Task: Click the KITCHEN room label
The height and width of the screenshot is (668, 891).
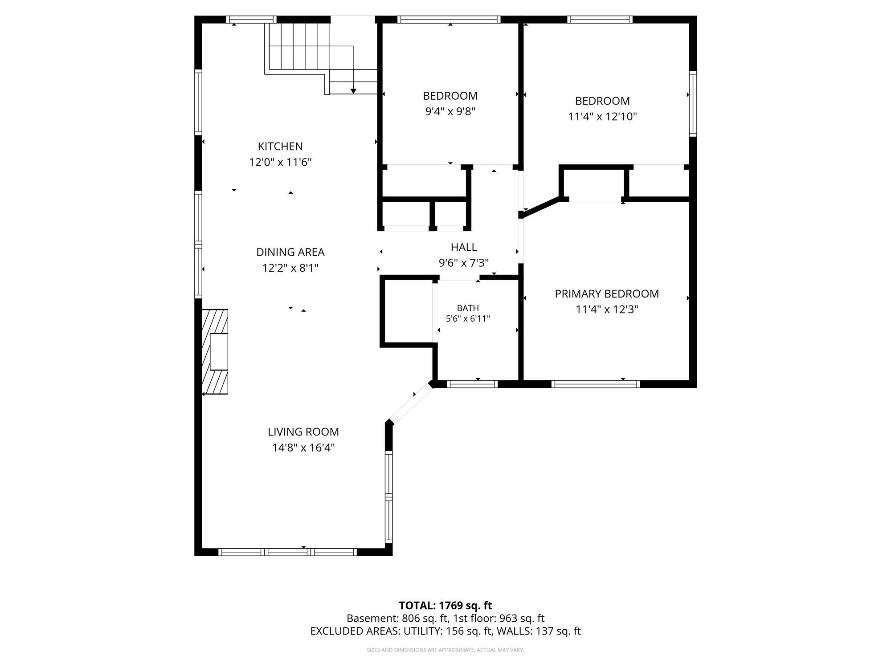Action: [x=280, y=146]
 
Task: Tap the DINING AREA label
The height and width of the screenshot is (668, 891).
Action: [x=290, y=252]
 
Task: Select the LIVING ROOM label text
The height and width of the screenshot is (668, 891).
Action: [x=303, y=432]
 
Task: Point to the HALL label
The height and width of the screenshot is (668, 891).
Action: [x=464, y=247]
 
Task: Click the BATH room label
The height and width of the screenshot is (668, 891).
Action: [x=468, y=308]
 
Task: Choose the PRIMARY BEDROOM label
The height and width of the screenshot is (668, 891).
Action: [x=607, y=293]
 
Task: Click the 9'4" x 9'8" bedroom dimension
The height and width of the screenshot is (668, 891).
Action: [x=450, y=111]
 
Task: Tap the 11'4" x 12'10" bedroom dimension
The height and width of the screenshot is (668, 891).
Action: [x=602, y=117]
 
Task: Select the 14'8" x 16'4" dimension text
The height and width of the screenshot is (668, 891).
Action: [x=303, y=448]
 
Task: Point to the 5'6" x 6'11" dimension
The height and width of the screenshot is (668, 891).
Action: [x=468, y=319]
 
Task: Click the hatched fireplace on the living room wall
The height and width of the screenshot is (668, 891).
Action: [x=215, y=352]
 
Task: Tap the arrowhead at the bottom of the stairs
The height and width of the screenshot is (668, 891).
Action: [x=353, y=91]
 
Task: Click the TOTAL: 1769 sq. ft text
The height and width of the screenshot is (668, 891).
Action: [x=445, y=606]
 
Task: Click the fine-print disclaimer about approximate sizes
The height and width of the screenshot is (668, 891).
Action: [x=445, y=650]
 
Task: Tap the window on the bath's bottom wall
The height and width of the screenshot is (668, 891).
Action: [x=472, y=384]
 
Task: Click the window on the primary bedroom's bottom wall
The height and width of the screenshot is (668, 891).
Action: [x=596, y=384]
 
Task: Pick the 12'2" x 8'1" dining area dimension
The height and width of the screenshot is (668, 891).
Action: [x=290, y=268]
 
